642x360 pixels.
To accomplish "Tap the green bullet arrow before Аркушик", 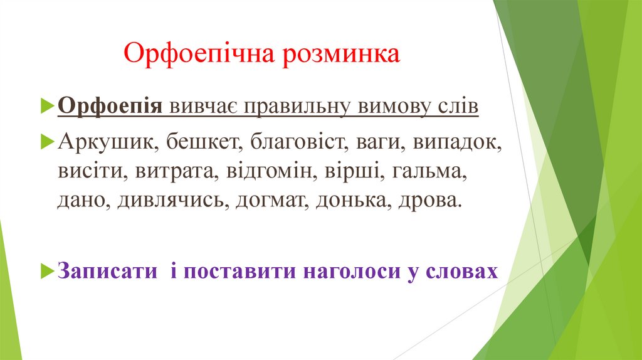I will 50,141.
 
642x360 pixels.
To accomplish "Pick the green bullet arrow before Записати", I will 50,270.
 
